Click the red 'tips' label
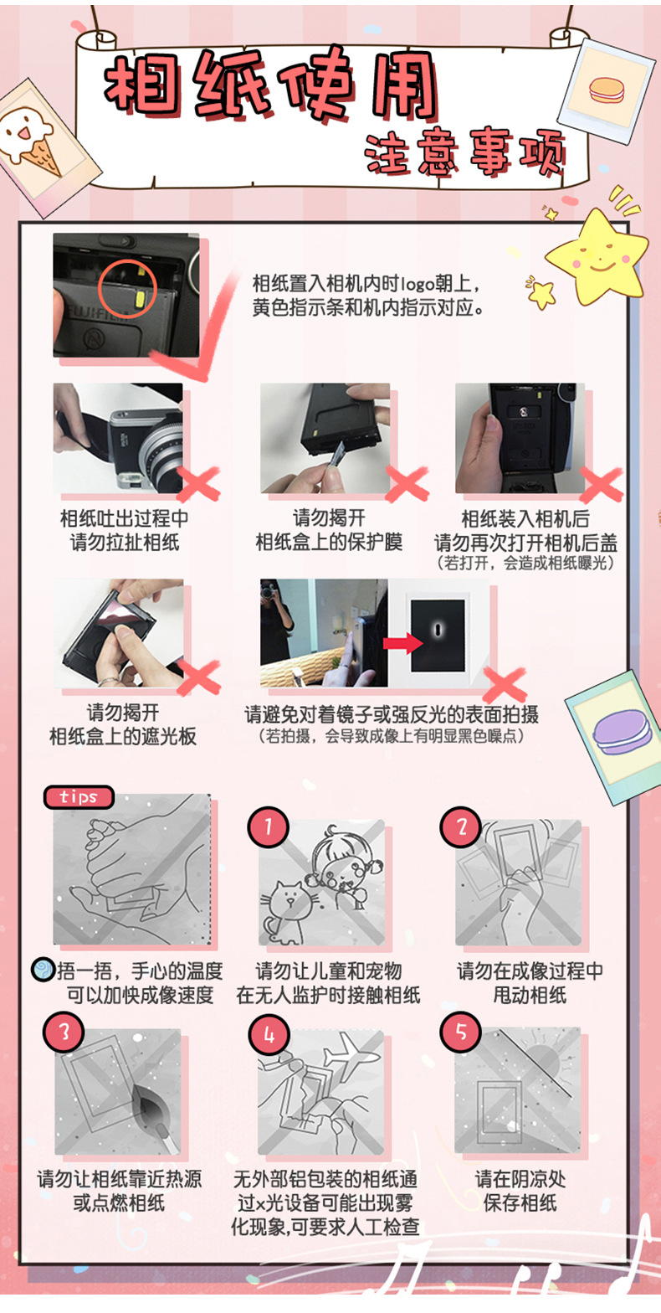click(79, 797)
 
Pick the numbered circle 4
click(268, 1035)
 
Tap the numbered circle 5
click(461, 1031)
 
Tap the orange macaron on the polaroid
click(607, 90)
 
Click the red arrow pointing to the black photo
click(402, 643)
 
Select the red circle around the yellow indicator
click(126, 290)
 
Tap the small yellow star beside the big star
click(541, 293)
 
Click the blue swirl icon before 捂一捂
click(43, 970)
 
